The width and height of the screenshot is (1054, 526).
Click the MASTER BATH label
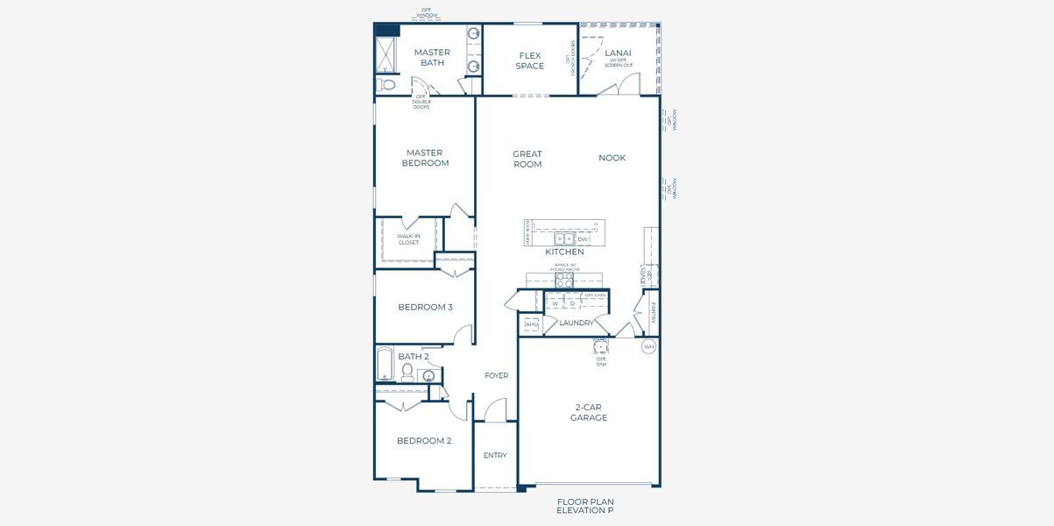[x=432, y=58]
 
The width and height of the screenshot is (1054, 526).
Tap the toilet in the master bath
[x=387, y=85]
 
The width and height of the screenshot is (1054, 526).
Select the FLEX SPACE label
[x=529, y=60]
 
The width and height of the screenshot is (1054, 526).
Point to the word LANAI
[x=618, y=53]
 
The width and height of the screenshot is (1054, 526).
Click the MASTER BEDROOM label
[x=425, y=158]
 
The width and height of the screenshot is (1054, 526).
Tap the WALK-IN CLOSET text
[x=408, y=239]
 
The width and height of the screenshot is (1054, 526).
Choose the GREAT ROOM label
[x=527, y=159]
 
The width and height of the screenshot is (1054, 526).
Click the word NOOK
[x=612, y=158]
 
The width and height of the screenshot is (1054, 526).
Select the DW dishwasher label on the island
[x=583, y=238]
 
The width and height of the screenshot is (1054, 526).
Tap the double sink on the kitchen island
[x=564, y=238]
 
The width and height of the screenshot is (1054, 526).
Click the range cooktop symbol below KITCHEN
[x=564, y=281]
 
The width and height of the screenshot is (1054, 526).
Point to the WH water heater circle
[x=648, y=347]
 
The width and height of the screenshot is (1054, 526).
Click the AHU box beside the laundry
[x=531, y=324]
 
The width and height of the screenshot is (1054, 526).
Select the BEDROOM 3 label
[x=425, y=307]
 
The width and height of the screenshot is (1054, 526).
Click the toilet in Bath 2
[x=407, y=371]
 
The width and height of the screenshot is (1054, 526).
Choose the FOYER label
[x=497, y=376]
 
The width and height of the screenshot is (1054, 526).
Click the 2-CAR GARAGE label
[x=589, y=412]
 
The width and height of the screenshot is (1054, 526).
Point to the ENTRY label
[x=495, y=455]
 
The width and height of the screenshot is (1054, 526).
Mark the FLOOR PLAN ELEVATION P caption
[x=585, y=506]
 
